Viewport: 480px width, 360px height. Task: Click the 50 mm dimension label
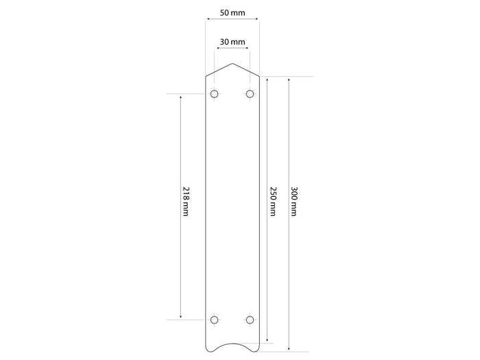[232, 13]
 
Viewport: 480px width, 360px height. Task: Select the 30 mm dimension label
[232, 42]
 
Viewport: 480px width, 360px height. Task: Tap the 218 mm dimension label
[186, 201]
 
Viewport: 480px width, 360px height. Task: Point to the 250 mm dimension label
[273, 201]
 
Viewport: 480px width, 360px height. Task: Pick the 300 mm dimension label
[293, 201]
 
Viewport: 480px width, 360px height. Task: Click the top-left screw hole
[214, 94]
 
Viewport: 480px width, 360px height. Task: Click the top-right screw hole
[250, 94]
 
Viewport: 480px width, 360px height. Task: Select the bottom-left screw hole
[214, 320]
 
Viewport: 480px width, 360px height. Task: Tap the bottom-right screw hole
[250, 320]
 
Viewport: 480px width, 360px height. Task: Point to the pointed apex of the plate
[232, 63]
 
